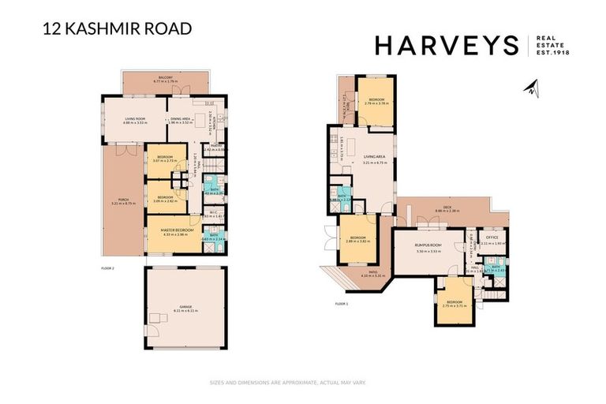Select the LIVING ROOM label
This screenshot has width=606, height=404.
pyautogui.click(x=135, y=120)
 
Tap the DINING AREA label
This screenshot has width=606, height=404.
pyautogui.click(x=181, y=120)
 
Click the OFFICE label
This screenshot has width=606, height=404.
pyautogui.click(x=492, y=238)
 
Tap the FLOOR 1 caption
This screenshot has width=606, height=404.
pyautogui.click(x=342, y=304)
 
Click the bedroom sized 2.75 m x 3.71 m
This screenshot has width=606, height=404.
pyautogui.click(x=455, y=304)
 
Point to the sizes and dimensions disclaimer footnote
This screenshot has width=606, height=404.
pyautogui.click(x=287, y=383)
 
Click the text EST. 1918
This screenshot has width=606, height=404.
pyautogui.click(x=552, y=53)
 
